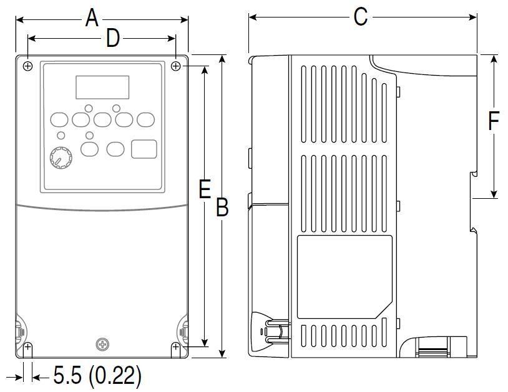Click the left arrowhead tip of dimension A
16,20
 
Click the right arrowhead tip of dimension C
477,17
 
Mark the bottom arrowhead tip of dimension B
222,358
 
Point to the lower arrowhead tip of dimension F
494,198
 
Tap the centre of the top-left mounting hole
28,66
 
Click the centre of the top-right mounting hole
175,66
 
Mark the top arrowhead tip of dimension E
205,66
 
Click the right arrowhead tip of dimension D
175,39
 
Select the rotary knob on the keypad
61,158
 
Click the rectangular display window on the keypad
102,88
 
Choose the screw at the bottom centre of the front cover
102,344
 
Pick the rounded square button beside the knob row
144,149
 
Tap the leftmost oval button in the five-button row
59,120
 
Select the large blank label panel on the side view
344,277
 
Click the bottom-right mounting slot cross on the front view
175,347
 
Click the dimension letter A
92,18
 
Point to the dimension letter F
494,121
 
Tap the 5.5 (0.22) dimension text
97,376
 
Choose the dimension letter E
205,189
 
